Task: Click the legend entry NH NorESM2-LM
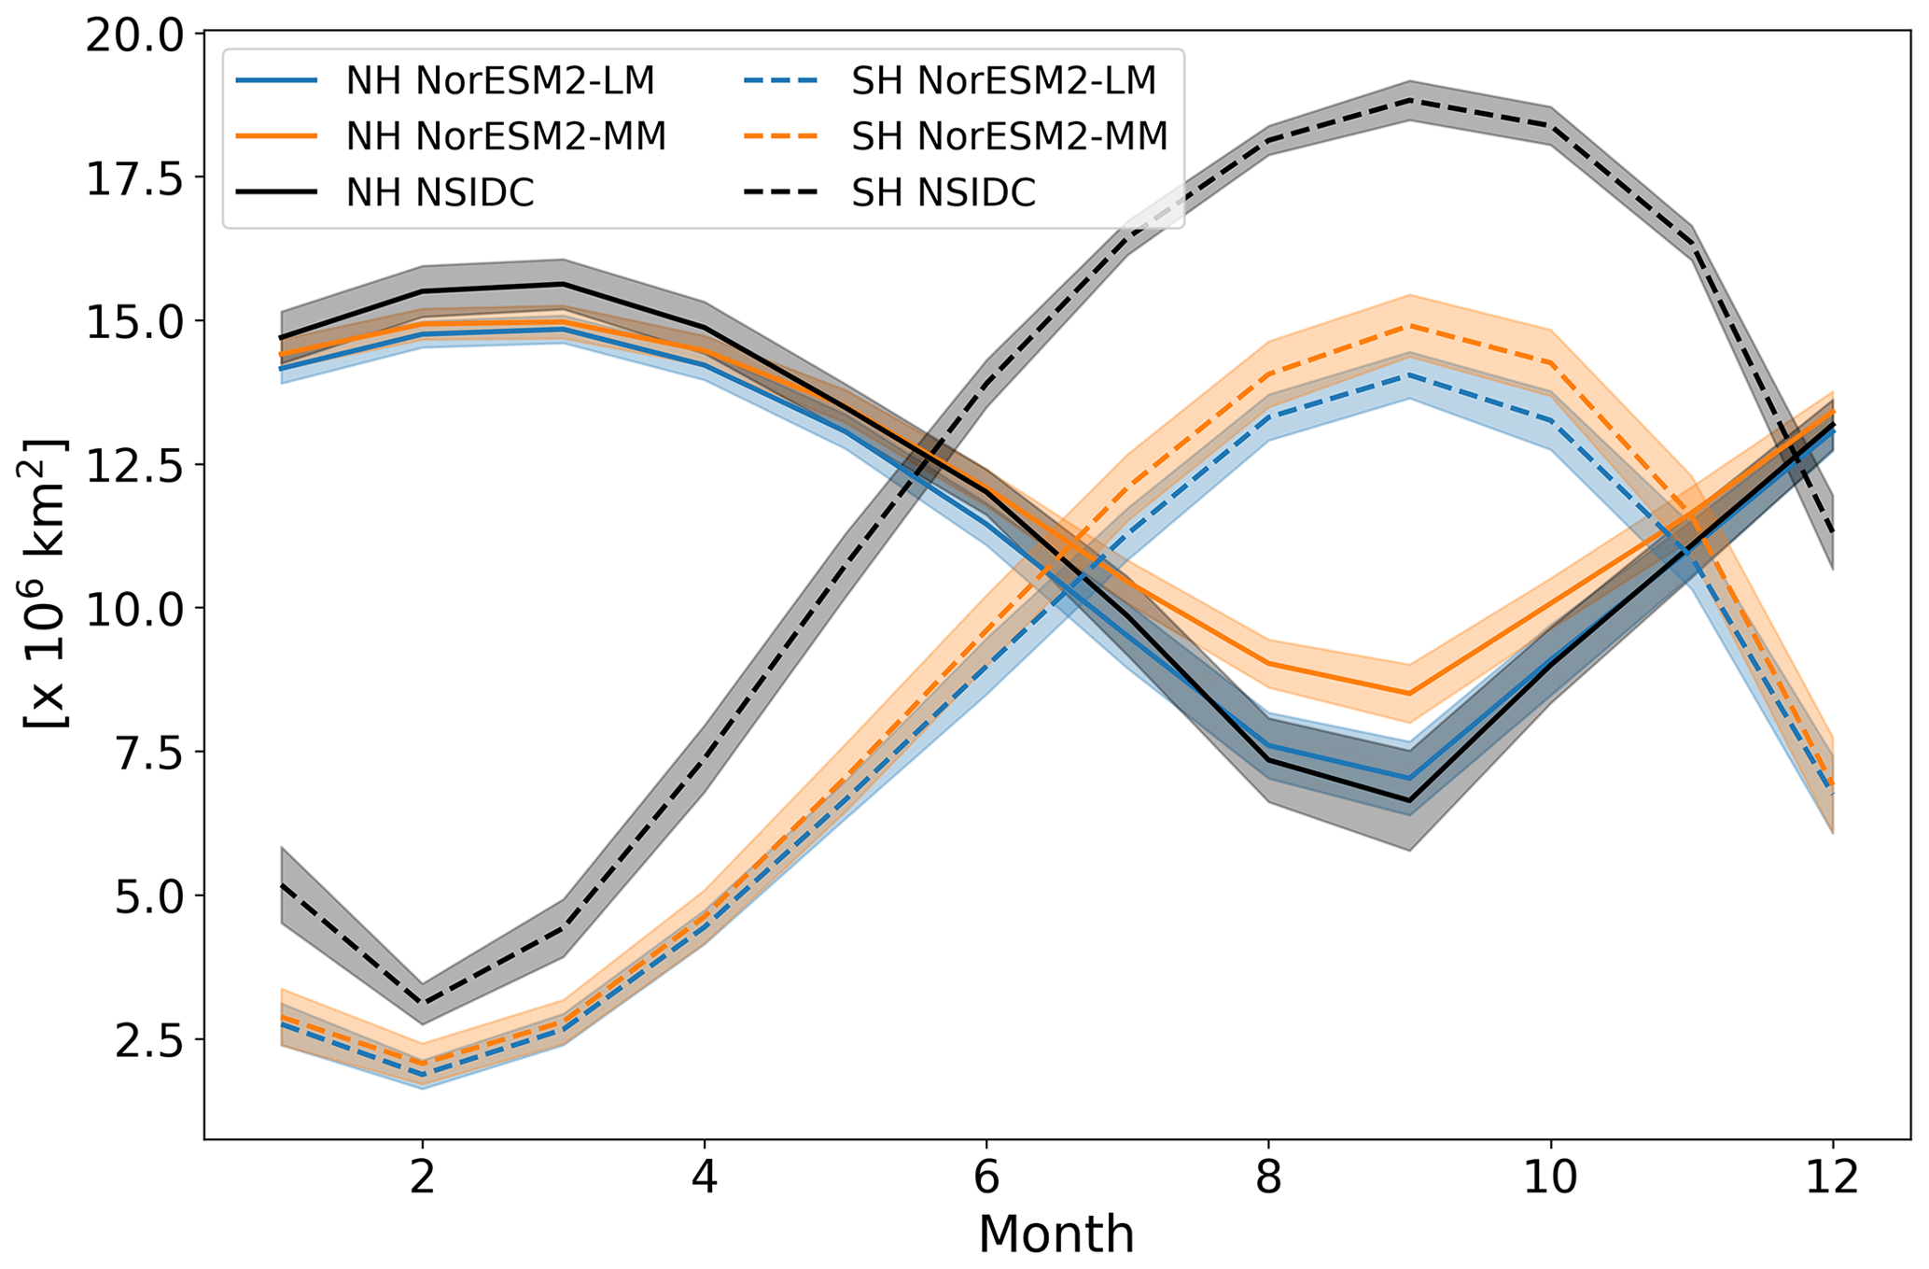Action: [x=499, y=81]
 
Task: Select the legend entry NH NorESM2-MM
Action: [x=505, y=137]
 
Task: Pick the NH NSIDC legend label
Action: [x=440, y=193]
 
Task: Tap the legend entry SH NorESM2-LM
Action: [x=1003, y=81]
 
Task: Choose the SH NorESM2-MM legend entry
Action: [x=1009, y=137]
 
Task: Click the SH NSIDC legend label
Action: [x=943, y=193]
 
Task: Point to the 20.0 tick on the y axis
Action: [x=135, y=35]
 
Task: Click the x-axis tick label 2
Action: [x=423, y=1177]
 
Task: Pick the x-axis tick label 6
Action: [x=986, y=1177]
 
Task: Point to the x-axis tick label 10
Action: [x=1550, y=1177]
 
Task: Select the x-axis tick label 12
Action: [x=1833, y=1177]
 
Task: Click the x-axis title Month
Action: [x=1056, y=1234]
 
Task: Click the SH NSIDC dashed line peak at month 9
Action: [x=1409, y=100]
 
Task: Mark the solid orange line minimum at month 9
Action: [x=1409, y=693]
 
